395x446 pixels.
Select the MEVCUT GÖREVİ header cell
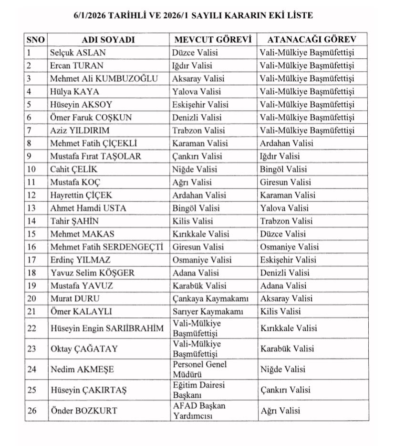[213, 40]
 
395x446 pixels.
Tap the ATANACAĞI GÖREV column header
[307, 40]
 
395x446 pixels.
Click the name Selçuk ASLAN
[78, 53]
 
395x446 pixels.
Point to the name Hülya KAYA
[74, 91]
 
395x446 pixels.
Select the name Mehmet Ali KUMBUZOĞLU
[104, 78]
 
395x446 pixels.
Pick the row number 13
[31, 208]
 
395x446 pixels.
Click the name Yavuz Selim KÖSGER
[93, 273]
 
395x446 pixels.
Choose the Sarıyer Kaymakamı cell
[208, 312]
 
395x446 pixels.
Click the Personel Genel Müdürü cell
[200, 369]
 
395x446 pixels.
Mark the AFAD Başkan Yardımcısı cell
[199, 411]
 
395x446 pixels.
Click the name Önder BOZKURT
[84, 411]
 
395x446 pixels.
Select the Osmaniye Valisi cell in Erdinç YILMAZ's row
[202, 260]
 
